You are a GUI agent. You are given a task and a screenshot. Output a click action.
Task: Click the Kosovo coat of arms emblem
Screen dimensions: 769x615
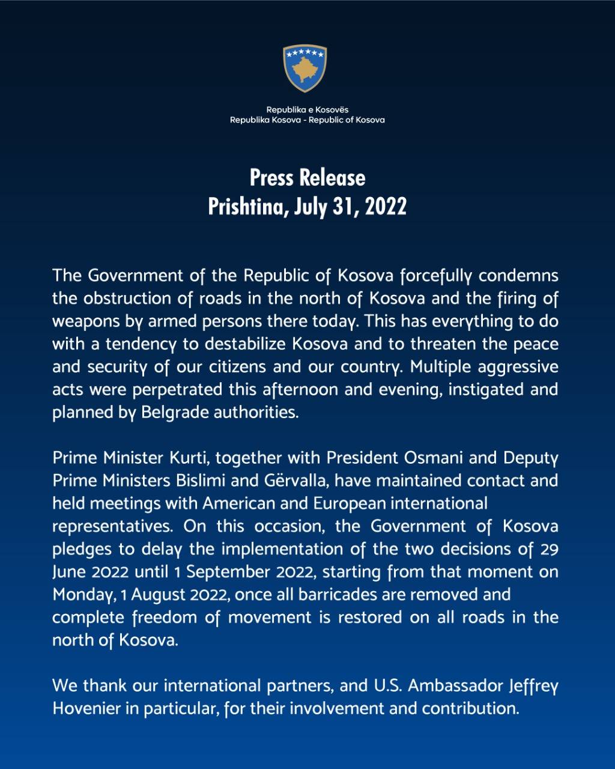click(x=305, y=68)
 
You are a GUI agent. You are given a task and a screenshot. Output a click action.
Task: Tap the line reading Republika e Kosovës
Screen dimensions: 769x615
click(x=307, y=109)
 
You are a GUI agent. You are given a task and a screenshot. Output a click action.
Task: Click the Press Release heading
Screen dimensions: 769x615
click(x=307, y=178)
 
